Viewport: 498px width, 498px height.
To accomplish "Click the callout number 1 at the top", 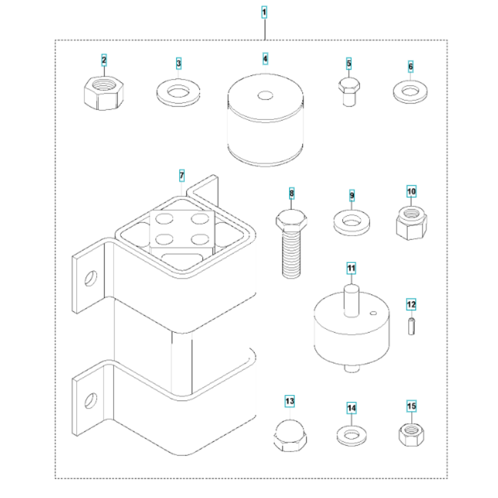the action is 264,12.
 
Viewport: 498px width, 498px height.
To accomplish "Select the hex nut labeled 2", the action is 104,93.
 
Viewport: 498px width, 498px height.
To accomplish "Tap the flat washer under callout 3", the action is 178,93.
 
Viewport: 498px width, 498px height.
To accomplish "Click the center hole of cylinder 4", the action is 265,95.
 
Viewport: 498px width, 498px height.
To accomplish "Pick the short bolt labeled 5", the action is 349,92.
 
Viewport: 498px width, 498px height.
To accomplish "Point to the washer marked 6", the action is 410,92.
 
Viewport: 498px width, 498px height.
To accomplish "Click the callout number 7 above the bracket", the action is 182,175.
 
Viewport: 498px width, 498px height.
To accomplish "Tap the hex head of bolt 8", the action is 291,220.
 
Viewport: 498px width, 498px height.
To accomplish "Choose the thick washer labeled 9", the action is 352,222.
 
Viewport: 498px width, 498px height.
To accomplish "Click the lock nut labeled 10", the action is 411,223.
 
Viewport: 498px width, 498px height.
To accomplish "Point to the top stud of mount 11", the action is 352,300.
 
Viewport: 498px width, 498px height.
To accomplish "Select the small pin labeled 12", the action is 411,326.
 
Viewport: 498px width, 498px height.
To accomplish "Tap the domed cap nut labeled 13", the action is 290,435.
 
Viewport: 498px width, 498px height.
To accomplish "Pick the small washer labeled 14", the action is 351,435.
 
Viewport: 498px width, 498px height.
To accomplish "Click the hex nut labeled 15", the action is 411,434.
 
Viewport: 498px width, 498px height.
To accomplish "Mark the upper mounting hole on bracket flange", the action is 91,278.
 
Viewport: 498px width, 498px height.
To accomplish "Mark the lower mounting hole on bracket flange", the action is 91,401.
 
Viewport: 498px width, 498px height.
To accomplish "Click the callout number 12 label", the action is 411,305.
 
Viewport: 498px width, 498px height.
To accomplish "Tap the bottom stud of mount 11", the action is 352,369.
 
